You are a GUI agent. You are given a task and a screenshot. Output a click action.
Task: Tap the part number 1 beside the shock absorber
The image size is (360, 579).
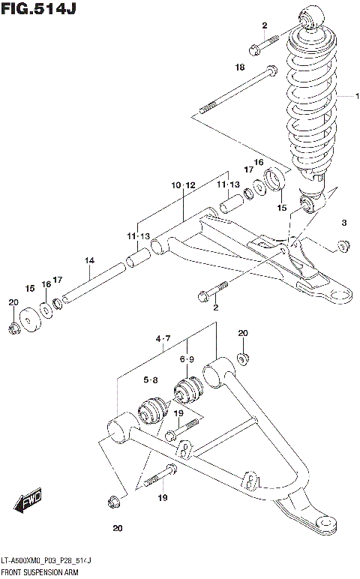point(358,96)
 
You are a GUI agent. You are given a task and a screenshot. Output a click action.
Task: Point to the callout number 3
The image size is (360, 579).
point(344,223)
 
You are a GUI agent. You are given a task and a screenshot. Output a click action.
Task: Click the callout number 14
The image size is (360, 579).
point(89,260)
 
